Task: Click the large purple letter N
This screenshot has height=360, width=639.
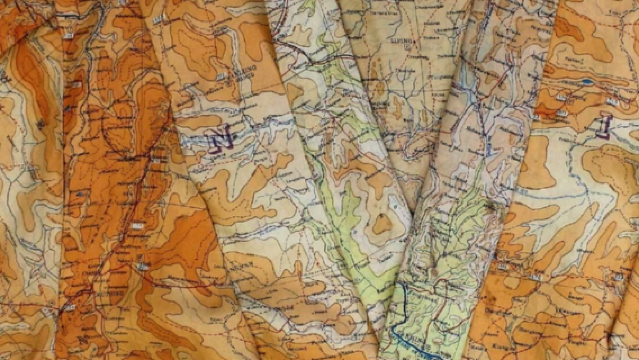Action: [x=221, y=141]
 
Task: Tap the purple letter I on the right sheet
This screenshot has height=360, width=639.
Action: [x=603, y=126]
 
